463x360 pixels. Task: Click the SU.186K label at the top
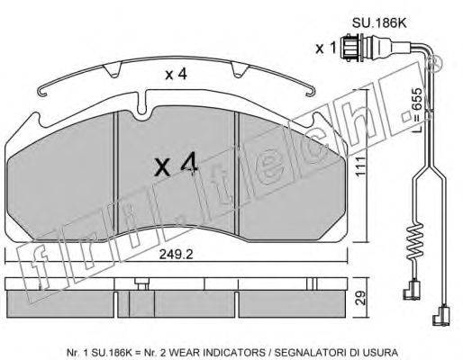click(379, 23)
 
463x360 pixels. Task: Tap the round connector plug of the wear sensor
click(352, 47)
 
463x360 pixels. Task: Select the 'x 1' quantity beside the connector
click(325, 48)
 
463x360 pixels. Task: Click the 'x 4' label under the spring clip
click(177, 74)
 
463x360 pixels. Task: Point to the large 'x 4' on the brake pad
click(176, 165)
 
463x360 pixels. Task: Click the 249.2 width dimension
click(176, 255)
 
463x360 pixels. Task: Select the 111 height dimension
click(360, 166)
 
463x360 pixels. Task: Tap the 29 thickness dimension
click(361, 298)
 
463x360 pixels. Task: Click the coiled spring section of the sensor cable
click(413, 241)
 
